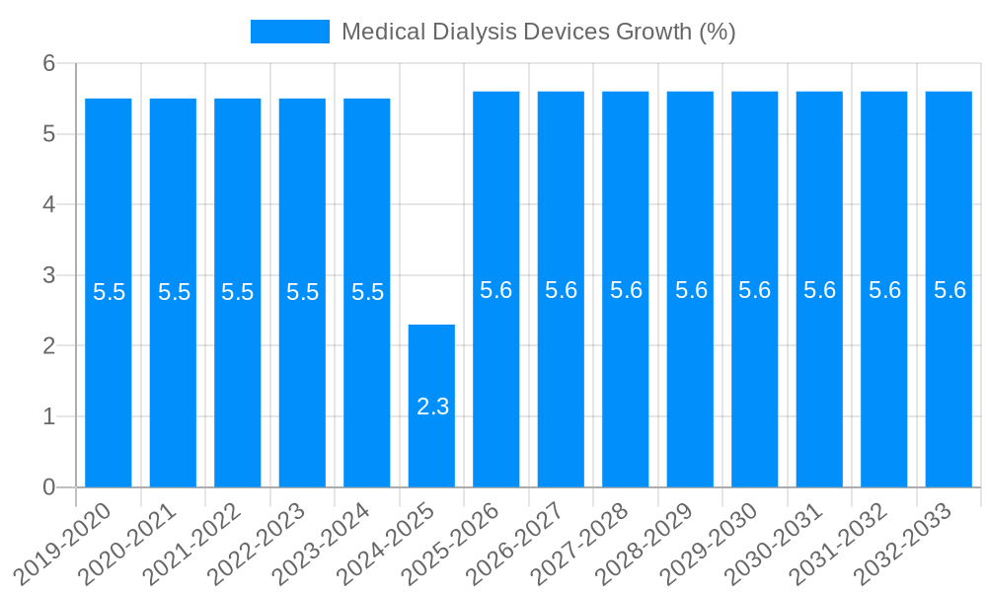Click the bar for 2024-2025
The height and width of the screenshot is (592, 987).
pyautogui.click(x=431, y=406)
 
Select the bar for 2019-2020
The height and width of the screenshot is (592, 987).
pyautogui.click(x=109, y=293)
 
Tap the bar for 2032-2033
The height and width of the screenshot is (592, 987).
pyautogui.click(x=949, y=289)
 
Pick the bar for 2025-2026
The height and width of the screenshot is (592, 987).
pyautogui.click(x=496, y=289)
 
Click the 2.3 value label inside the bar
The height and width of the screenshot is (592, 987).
pyautogui.click(x=432, y=407)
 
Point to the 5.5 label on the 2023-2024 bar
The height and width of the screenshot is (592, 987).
pyautogui.click(x=367, y=293)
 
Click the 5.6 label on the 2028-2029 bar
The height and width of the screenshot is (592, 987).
pyautogui.click(x=691, y=291)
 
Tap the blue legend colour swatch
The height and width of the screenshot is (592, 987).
pyautogui.click(x=289, y=32)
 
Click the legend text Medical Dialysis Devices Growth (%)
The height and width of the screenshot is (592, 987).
pyautogui.click(x=538, y=32)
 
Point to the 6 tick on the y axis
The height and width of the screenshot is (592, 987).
pyautogui.click(x=49, y=63)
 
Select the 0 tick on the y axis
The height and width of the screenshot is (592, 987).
pyautogui.click(x=49, y=487)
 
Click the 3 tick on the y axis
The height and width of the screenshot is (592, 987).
pyautogui.click(x=49, y=275)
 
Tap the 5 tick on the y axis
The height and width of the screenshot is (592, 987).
pyautogui.click(x=49, y=134)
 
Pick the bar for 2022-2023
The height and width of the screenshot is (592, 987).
pyautogui.click(x=302, y=293)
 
